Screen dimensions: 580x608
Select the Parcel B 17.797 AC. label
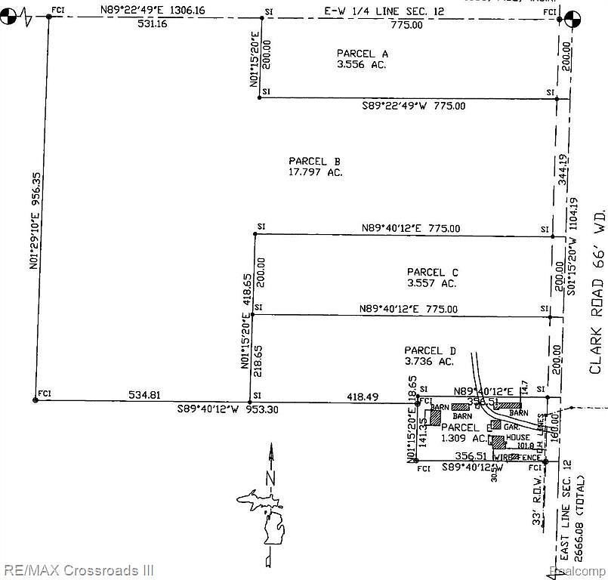click(x=314, y=166)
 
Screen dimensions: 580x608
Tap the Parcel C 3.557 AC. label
click(x=433, y=277)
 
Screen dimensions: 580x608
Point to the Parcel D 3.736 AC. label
click(x=430, y=356)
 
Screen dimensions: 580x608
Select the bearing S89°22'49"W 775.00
click(x=414, y=106)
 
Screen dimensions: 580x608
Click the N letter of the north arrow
click(x=269, y=477)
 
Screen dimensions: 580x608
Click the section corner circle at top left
click(x=11, y=16)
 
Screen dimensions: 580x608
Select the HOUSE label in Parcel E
click(x=518, y=437)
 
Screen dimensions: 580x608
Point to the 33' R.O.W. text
click(x=537, y=501)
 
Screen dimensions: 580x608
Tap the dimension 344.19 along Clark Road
click(x=561, y=171)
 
